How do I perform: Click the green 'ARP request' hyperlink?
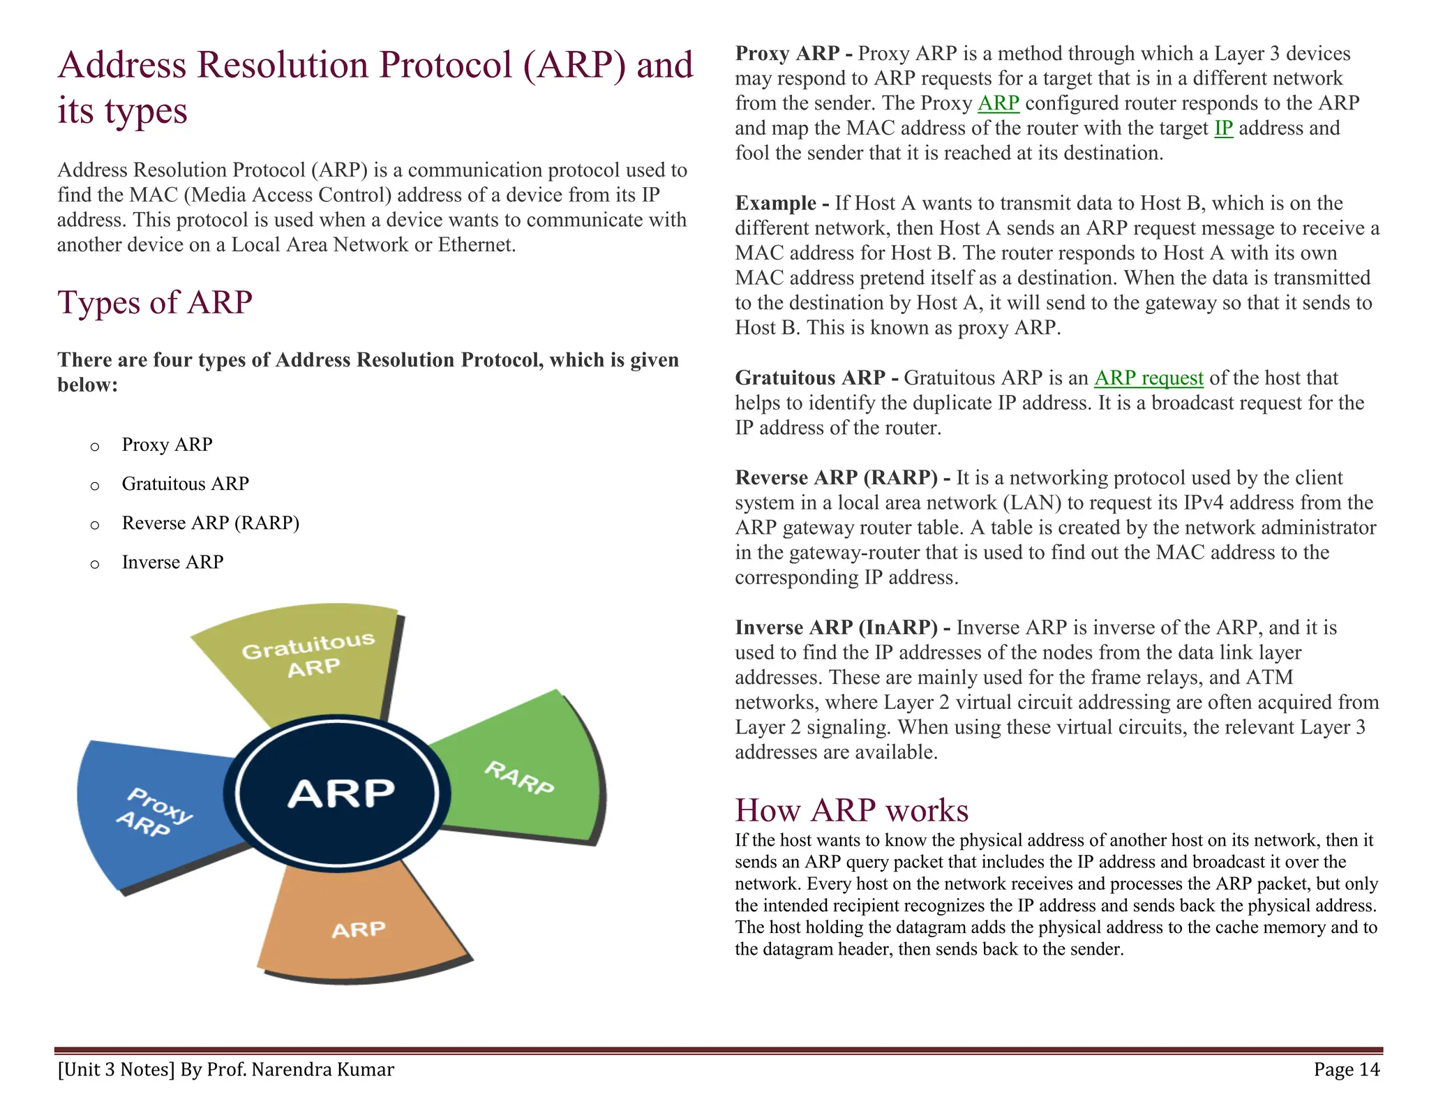(1149, 378)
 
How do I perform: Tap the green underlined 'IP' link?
(1223, 128)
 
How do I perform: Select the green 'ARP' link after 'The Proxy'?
(998, 103)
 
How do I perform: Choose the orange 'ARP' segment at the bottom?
(359, 928)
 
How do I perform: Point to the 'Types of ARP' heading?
(155, 303)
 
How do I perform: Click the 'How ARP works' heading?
(851, 810)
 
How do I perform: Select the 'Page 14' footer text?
(1346, 1069)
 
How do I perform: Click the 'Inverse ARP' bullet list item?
(172, 562)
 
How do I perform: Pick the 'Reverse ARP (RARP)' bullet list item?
(210, 523)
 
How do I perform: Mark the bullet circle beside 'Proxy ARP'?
(95, 447)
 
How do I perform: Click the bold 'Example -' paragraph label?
(782, 203)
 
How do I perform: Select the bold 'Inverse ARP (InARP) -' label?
(842, 627)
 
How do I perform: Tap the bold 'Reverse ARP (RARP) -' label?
(842, 478)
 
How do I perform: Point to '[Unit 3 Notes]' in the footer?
(116, 1069)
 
